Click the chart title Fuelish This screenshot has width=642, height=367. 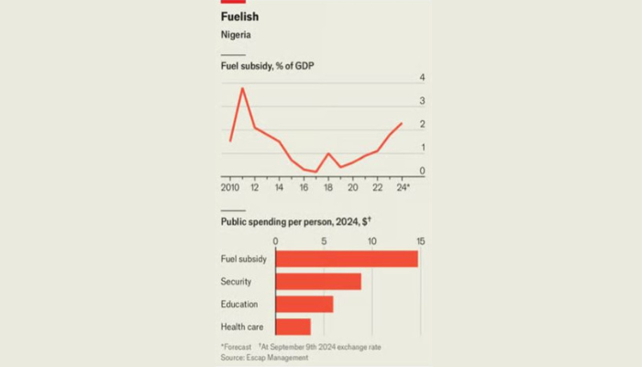(239, 17)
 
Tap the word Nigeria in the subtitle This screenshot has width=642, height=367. (236, 35)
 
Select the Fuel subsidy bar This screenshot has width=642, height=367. (347, 259)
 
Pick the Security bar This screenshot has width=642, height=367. (318, 282)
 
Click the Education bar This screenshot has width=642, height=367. (304, 305)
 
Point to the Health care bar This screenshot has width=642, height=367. (293, 327)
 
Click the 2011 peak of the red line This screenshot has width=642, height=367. (242, 88)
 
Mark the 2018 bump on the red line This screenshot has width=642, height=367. (328, 153)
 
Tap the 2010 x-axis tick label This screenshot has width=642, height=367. (230, 187)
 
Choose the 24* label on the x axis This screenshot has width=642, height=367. (404, 187)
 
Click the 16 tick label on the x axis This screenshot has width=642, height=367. (304, 187)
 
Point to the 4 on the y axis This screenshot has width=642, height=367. (422, 77)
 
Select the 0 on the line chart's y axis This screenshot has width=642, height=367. (422, 171)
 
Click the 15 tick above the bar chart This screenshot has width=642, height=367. (420, 241)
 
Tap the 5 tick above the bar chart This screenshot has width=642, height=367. (324, 241)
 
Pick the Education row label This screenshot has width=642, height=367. (239, 305)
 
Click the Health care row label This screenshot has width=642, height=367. (242, 327)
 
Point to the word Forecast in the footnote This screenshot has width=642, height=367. (237, 347)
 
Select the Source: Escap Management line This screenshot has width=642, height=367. (264, 358)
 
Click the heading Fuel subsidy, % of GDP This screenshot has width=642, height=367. (268, 66)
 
